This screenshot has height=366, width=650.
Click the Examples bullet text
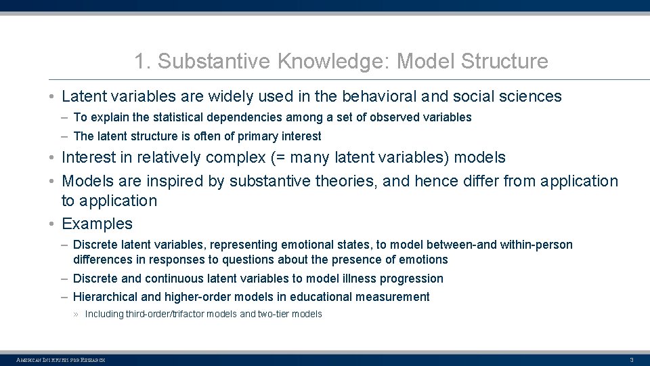pyautogui.click(x=97, y=224)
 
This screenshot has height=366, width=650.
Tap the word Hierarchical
pyautogui.click(x=106, y=297)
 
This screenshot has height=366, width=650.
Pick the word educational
pyautogui.click(x=332, y=297)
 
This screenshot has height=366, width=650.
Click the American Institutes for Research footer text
pyautogui.click(x=60, y=359)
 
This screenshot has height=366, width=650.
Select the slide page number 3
pyautogui.click(x=631, y=359)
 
